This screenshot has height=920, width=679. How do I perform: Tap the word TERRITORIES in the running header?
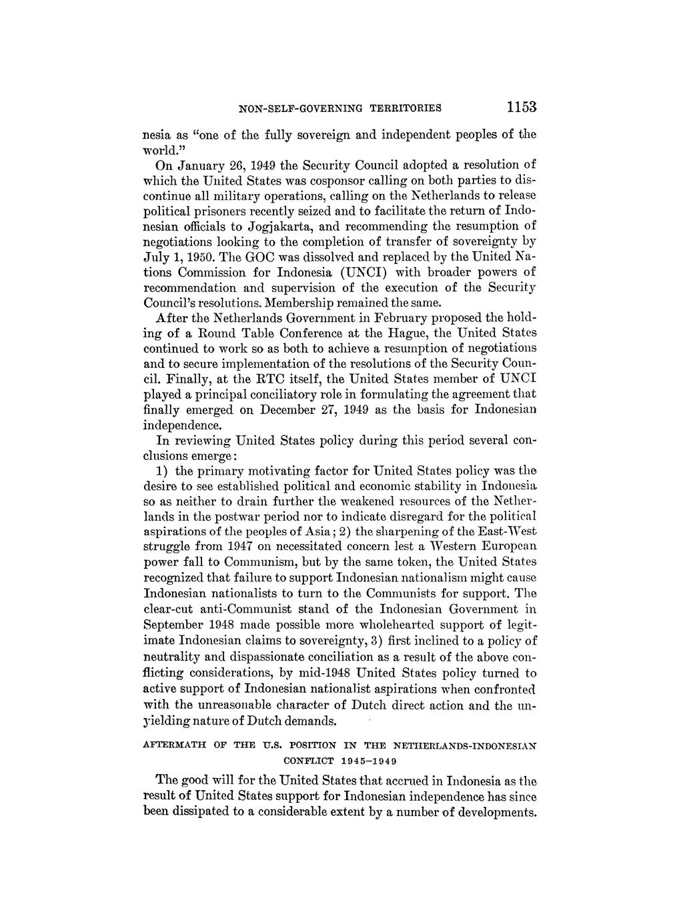point(402,107)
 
